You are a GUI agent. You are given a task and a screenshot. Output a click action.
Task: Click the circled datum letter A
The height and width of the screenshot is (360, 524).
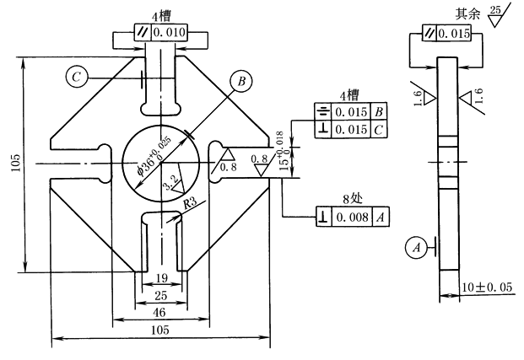click(416, 248)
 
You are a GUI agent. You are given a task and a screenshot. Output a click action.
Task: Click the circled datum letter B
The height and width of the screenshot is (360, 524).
click(241, 81)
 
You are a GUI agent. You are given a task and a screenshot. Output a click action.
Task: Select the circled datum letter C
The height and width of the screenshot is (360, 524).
click(77, 78)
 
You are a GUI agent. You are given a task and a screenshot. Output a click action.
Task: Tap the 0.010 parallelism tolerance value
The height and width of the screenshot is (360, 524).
click(169, 32)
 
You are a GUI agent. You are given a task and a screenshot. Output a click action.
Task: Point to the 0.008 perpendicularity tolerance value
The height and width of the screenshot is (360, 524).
click(352, 217)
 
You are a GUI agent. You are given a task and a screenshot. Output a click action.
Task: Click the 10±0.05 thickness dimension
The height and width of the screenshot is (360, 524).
click(487, 287)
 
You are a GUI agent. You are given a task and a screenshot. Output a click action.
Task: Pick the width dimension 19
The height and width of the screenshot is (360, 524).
click(162, 278)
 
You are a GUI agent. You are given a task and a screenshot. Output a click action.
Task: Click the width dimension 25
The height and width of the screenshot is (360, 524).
click(160, 295)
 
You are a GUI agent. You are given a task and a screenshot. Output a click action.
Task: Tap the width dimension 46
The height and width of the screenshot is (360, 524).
click(159, 313)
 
